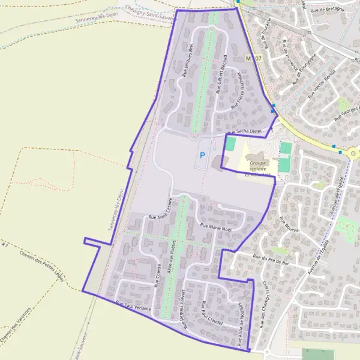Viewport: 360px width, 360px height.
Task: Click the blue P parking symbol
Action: coord(202,155)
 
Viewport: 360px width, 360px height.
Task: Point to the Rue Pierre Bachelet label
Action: coord(237,89)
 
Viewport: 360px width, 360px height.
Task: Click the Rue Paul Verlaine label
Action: coord(133,308)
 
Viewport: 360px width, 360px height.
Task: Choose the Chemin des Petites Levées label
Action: coord(41,266)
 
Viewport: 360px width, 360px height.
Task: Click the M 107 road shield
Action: coord(254,58)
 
